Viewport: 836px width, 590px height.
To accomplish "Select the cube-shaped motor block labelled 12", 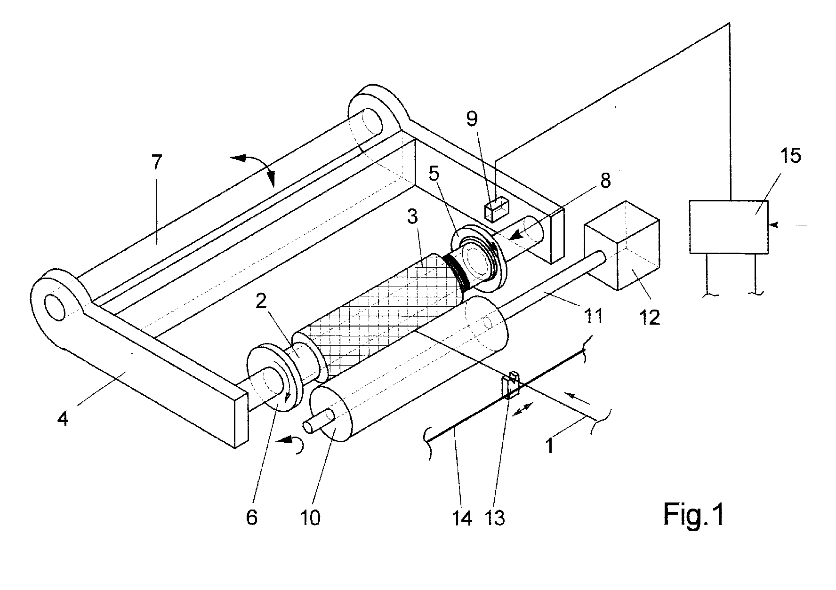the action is [621, 245].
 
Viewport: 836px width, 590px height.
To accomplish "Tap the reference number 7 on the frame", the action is [156, 162].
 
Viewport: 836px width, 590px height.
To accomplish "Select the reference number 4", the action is [63, 417].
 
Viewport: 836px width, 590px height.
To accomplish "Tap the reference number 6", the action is [252, 518].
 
